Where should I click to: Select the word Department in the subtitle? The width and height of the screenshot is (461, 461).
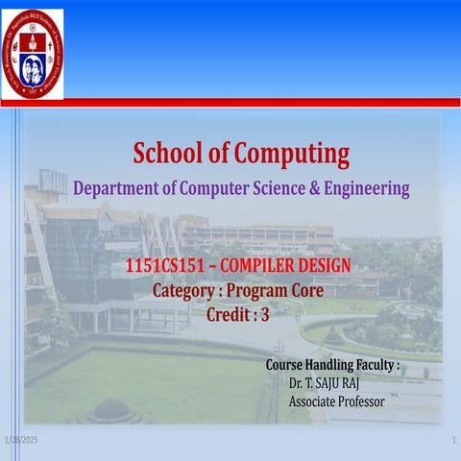click(116, 188)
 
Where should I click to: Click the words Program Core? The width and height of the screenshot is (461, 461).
click(279, 289)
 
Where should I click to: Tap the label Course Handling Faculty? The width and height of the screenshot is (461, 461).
click(332, 366)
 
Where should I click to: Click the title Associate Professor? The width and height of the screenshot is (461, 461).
click(336, 400)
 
